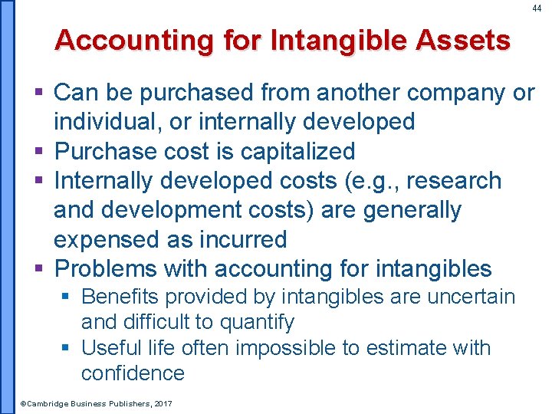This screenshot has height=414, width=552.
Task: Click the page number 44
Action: pyautogui.click(x=537, y=8)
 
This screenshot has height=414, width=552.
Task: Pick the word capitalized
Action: pyautogui.click(x=297, y=152)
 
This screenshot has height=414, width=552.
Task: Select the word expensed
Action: pyautogui.click(x=107, y=239)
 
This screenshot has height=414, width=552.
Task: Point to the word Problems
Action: pyautogui.click(x=107, y=269)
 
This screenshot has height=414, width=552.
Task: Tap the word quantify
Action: pyautogui.click(x=252, y=323)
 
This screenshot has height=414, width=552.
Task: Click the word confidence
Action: pyautogui.click(x=133, y=373)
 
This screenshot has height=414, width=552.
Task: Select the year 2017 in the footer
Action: pyautogui.click(x=163, y=402)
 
